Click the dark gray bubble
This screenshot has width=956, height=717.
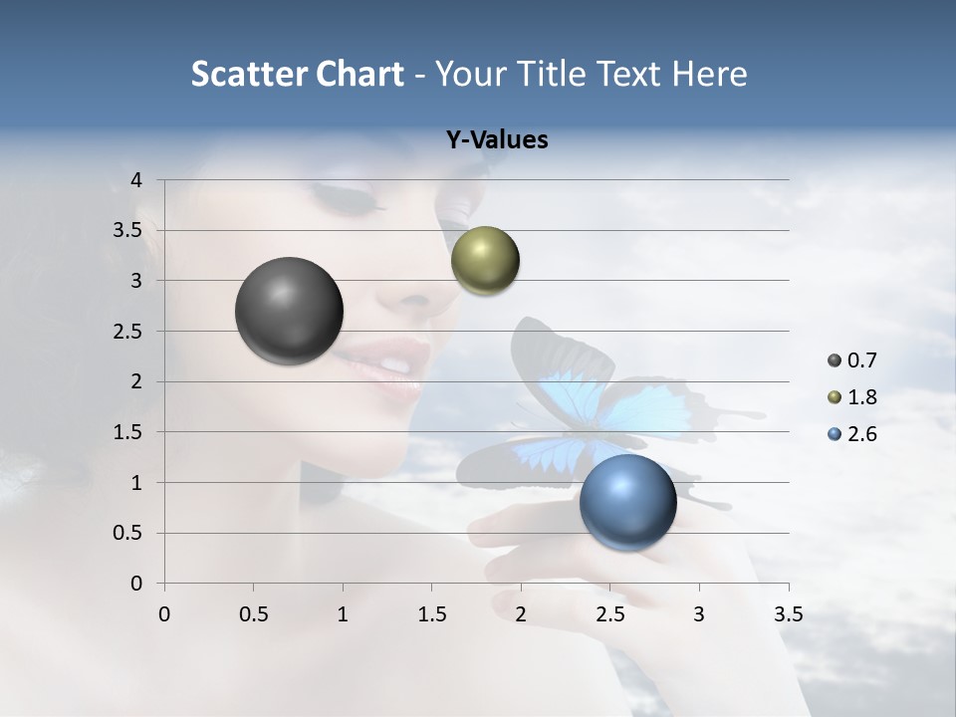[289, 311]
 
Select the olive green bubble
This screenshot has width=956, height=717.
[485, 260]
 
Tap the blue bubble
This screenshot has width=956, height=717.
[627, 502]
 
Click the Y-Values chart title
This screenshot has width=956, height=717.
[497, 140]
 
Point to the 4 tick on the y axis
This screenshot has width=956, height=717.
[137, 180]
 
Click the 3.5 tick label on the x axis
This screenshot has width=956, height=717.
[788, 614]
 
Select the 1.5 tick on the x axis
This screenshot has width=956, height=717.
[431, 614]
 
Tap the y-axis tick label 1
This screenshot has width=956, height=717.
[137, 483]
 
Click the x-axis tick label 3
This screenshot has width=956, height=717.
[699, 614]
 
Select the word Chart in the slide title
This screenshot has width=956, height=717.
[358, 74]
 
